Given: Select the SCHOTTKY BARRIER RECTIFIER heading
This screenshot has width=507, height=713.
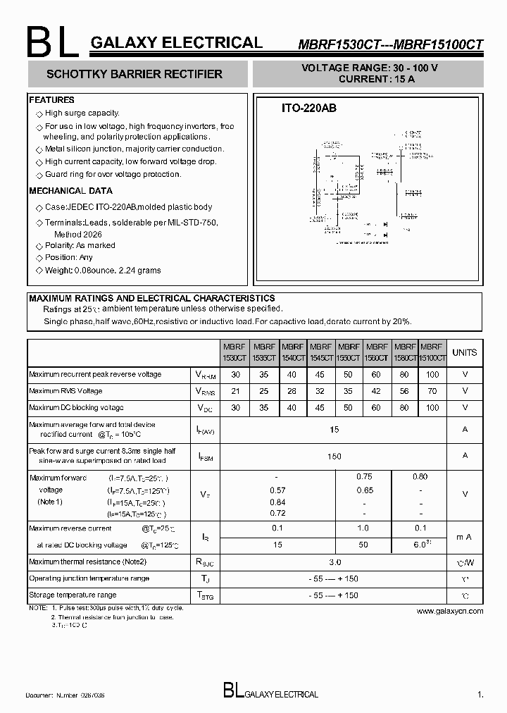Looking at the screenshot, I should (x=134, y=74).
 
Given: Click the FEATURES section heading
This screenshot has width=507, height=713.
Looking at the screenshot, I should (x=51, y=100).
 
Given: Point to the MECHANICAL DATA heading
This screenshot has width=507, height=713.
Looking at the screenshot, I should (x=70, y=191).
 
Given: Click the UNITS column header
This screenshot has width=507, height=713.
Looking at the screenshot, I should (x=464, y=352).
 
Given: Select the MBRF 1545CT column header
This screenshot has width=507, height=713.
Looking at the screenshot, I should (x=320, y=352).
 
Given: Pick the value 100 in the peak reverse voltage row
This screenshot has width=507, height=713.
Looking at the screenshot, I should (x=432, y=375).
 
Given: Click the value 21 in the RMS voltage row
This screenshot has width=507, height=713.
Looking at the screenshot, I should (x=235, y=391).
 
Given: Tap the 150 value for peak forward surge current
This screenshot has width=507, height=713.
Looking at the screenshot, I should (x=334, y=456).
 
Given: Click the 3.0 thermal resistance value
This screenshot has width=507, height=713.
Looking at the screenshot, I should (x=334, y=562).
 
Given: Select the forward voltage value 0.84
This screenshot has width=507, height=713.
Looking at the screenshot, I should (x=277, y=502).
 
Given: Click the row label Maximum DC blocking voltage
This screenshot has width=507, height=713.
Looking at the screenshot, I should (x=76, y=408).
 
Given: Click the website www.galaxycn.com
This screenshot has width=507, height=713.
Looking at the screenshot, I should (x=449, y=611).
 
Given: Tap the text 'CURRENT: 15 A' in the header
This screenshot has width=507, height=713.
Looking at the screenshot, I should (x=376, y=79).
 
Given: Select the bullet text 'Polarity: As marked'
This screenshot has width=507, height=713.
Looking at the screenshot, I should (x=80, y=245).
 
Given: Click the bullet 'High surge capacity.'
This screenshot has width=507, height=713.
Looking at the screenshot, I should (x=82, y=113).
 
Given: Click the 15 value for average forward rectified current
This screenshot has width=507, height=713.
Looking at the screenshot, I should (x=334, y=429).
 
